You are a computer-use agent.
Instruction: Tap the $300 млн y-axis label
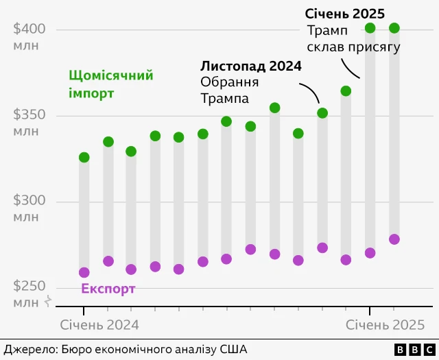pyautogui.click(x=29, y=208)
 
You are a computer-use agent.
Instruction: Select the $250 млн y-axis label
pyautogui.click(x=29, y=294)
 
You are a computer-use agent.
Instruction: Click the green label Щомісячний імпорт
pyautogui.click(x=110, y=84)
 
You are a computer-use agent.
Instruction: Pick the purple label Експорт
pyautogui.click(x=108, y=289)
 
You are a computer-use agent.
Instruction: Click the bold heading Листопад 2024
pyautogui.click(x=251, y=67)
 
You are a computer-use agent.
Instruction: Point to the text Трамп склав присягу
pyautogui.click(x=353, y=38)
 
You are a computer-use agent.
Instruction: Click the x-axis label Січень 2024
pyautogui.click(x=99, y=324)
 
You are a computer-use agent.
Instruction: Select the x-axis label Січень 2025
pyautogui.click(x=385, y=324)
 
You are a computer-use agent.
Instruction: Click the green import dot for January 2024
pyautogui.click(x=84, y=158)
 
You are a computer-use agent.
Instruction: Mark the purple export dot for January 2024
pyautogui.click(x=84, y=272)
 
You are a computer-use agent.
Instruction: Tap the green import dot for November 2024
pyautogui.click(x=322, y=113)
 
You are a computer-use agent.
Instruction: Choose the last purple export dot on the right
pyautogui.click(x=394, y=239)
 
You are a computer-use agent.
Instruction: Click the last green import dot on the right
pyautogui.click(x=394, y=28)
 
